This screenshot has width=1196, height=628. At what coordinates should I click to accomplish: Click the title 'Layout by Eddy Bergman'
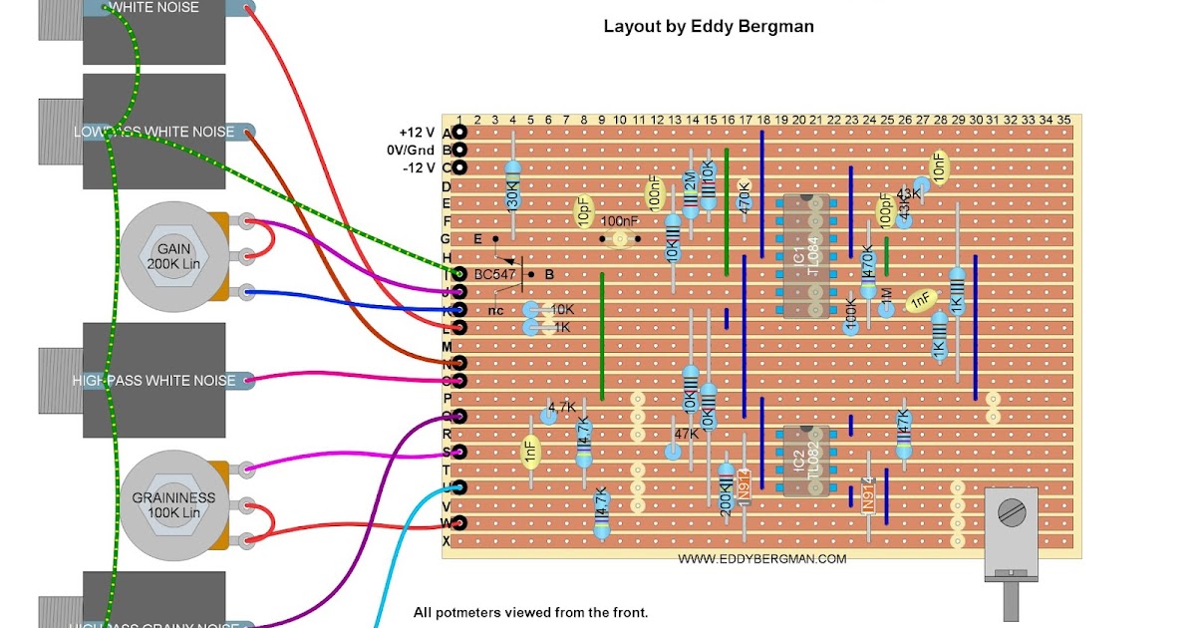click(709, 27)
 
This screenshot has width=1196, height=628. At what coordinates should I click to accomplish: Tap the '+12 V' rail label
click(416, 133)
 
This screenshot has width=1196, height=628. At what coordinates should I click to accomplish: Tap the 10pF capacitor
click(584, 209)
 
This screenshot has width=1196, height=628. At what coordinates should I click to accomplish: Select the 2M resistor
click(690, 189)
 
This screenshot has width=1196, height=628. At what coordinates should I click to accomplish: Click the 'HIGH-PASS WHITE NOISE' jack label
click(153, 380)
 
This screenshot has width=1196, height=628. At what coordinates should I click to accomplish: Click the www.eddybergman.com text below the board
click(762, 559)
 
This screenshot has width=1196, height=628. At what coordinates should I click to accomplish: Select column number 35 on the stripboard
click(1063, 120)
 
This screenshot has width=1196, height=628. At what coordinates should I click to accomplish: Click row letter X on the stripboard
click(447, 541)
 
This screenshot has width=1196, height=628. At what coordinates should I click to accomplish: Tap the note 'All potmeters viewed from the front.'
click(530, 612)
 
